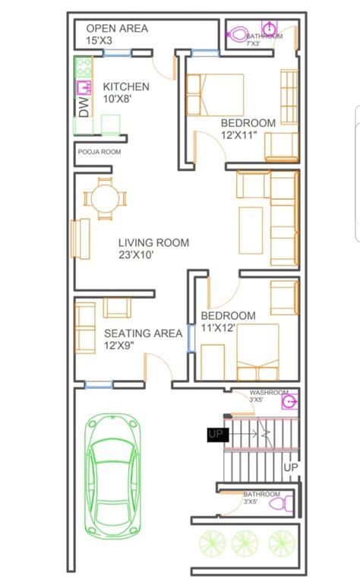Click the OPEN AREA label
tap(117, 29)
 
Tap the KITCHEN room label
tap(126, 87)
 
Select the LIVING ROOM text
tap(153, 243)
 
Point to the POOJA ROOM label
tap(99, 152)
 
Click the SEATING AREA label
tap(143, 333)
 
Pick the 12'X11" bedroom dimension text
tap(239, 134)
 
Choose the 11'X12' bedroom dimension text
tap(218, 327)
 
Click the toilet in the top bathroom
tap(238, 34)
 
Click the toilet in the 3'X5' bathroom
tap(276, 503)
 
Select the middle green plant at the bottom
tap(245, 542)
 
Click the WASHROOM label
tap(269, 392)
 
